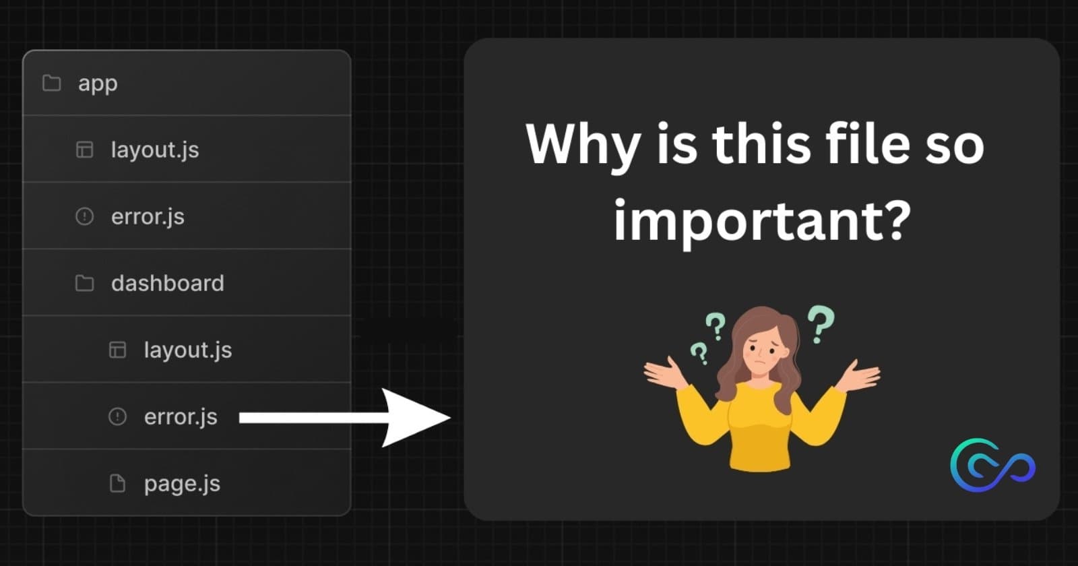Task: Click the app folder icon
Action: (x=51, y=83)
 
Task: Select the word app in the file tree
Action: (x=98, y=84)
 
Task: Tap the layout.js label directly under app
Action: (x=155, y=150)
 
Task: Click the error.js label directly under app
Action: (x=148, y=216)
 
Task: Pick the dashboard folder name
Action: (x=168, y=283)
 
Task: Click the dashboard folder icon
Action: (x=85, y=283)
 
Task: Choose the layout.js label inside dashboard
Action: (x=188, y=350)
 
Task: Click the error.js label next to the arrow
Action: (x=181, y=417)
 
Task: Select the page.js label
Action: (x=182, y=484)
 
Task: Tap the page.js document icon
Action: (x=117, y=483)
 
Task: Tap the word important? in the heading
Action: (x=762, y=221)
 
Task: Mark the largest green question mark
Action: (x=821, y=324)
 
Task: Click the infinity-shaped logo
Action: (x=993, y=466)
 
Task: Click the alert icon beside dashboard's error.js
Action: (x=117, y=416)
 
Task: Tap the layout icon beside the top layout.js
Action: (x=85, y=149)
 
